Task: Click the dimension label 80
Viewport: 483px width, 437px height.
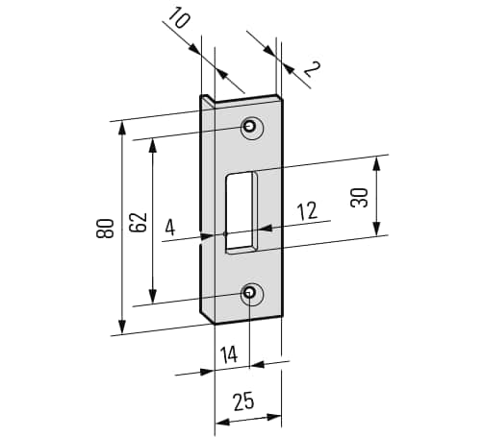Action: click(x=105, y=229)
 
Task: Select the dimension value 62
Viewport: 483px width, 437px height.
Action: click(x=139, y=222)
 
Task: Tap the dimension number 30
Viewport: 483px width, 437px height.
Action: click(x=359, y=198)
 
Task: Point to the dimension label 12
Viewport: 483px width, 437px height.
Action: click(x=307, y=211)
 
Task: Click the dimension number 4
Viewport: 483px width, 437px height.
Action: click(x=170, y=229)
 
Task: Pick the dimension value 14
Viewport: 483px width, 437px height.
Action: click(x=229, y=354)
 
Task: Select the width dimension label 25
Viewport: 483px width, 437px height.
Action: click(x=243, y=401)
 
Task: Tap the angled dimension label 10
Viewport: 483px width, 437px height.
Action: click(x=178, y=19)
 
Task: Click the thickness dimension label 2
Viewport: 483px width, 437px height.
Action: click(x=311, y=69)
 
